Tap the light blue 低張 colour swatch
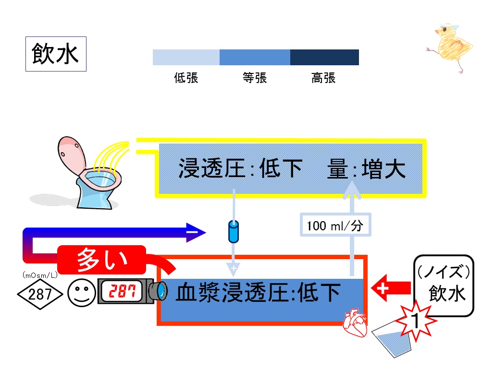tap(186, 57)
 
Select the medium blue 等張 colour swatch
tap(255, 57)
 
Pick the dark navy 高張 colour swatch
tap(324, 57)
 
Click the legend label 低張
tap(186, 78)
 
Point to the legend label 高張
tap(323, 78)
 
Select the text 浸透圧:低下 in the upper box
tap(240, 169)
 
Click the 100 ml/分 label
tap(335, 225)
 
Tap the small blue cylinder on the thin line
tap(233, 231)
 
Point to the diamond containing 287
tap(40, 294)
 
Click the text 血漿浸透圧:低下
tap(259, 292)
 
